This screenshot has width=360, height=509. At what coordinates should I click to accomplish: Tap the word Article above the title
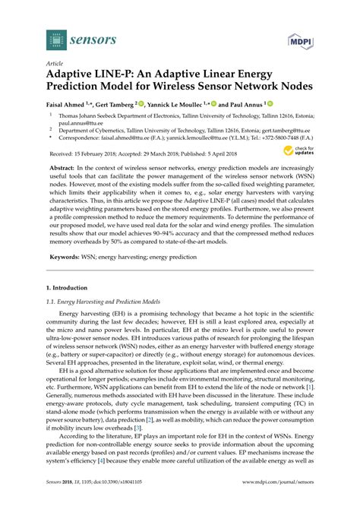pos(55,65)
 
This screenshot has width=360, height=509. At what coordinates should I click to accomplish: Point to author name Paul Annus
pos(246,105)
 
